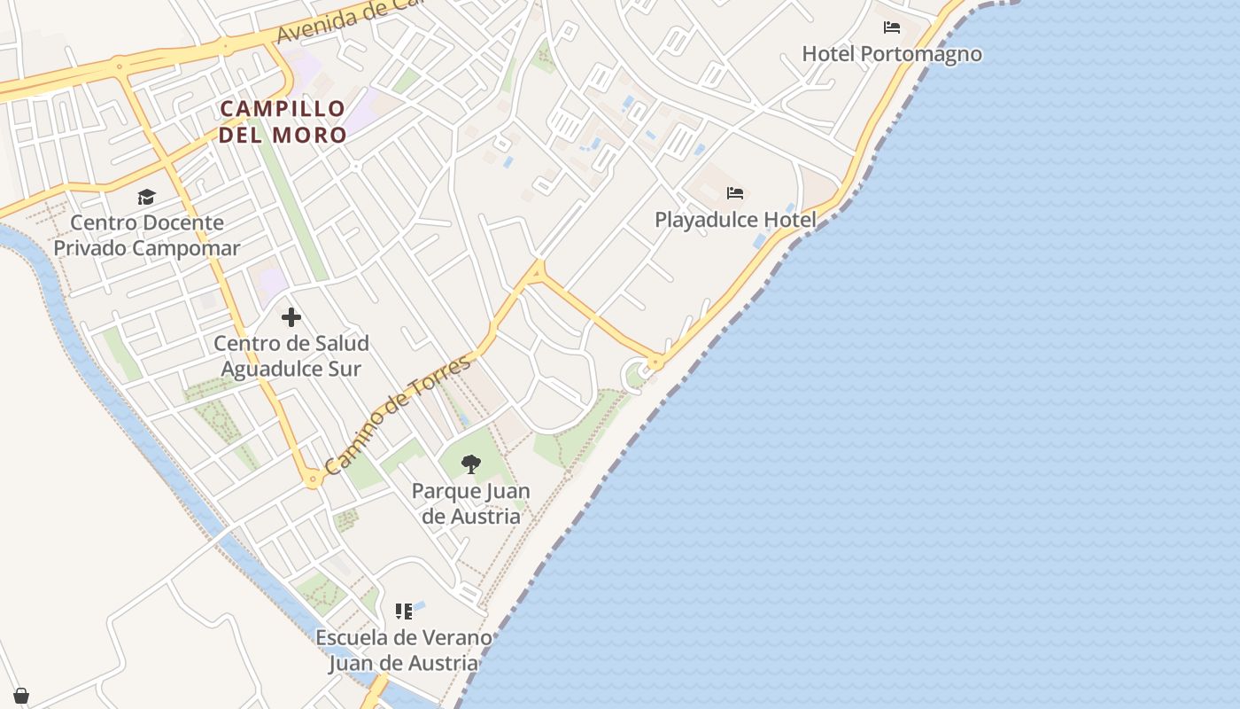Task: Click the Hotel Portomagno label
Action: click(892, 54)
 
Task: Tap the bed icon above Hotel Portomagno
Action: click(892, 27)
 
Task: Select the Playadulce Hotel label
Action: click(735, 219)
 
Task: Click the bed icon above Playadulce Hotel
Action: click(734, 192)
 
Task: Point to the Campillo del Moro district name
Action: click(283, 121)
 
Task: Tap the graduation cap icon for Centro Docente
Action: click(146, 197)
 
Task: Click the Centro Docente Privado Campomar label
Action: click(147, 235)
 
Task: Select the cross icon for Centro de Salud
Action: click(291, 317)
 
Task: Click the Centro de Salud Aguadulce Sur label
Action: click(291, 355)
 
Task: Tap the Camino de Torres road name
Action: click(398, 414)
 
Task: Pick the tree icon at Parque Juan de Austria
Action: click(471, 464)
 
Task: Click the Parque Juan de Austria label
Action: click(471, 503)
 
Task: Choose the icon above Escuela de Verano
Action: click(404, 612)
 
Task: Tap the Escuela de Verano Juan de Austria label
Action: click(404, 650)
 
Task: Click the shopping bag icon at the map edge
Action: click(21, 696)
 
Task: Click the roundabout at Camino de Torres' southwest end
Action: click(312, 479)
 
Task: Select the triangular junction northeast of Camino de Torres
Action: click(535, 274)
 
